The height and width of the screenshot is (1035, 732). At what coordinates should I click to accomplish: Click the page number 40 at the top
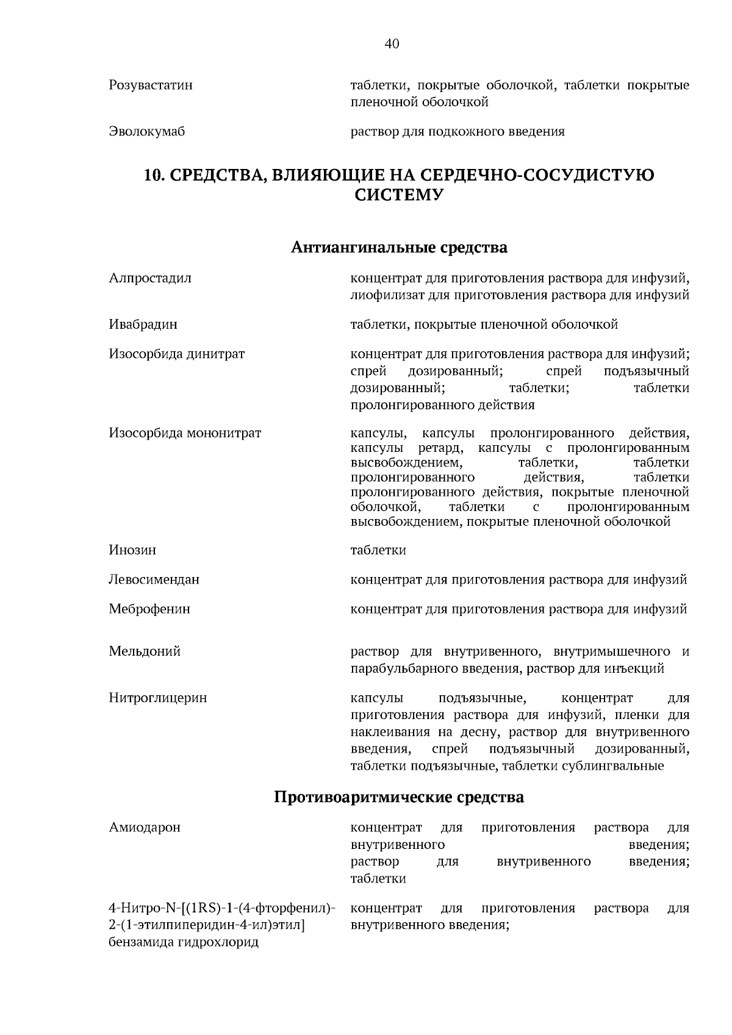(x=392, y=43)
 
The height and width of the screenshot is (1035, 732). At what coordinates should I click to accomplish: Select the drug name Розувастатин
(x=151, y=85)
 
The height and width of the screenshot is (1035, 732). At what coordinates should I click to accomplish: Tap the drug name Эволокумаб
(x=146, y=132)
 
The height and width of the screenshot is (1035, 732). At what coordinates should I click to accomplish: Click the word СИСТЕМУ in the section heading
(x=398, y=195)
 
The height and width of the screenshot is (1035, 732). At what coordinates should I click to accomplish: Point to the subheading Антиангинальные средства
(x=399, y=248)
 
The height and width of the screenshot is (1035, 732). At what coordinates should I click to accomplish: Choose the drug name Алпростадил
(x=150, y=279)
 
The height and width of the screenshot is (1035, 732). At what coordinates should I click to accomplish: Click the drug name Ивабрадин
(x=143, y=324)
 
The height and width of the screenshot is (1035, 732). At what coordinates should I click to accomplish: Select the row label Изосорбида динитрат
(x=177, y=354)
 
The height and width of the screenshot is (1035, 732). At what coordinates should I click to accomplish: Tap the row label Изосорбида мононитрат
(x=185, y=434)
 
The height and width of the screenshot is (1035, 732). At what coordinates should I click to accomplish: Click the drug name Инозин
(x=132, y=550)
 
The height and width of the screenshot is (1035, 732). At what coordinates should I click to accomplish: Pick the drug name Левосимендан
(x=154, y=579)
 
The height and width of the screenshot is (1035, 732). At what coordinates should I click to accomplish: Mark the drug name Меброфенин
(x=149, y=609)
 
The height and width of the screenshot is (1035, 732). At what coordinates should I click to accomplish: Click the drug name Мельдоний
(x=145, y=651)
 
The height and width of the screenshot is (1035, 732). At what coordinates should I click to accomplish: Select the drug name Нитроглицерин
(x=158, y=698)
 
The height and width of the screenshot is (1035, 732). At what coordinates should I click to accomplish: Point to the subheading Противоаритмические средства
(x=399, y=797)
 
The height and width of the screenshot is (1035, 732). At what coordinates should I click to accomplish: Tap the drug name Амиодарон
(x=145, y=828)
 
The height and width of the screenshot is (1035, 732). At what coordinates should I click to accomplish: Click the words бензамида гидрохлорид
(x=184, y=942)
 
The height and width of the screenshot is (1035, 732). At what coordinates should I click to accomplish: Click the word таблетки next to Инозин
(x=378, y=550)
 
